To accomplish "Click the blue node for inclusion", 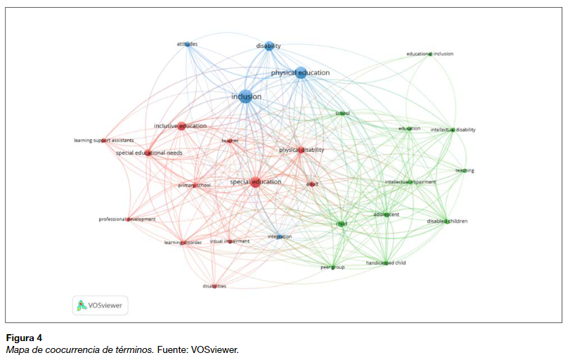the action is pyautogui.click(x=245, y=97).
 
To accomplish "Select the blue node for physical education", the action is pyautogui.click(x=301, y=72).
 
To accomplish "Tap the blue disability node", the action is pyautogui.click(x=269, y=46).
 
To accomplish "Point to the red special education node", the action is pyautogui.click(x=255, y=183).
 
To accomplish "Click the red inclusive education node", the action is pyautogui.click(x=181, y=127).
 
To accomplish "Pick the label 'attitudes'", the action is pyautogui.click(x=187, y=44).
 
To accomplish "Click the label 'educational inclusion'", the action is pyautogui.click(x=430, y=53).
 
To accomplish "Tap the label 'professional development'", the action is pyautogui.click(x=127, y=219).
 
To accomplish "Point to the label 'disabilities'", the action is pyautogui.click(x=214, y=286).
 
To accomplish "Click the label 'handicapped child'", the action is pyautogui.click(x=386, y=262).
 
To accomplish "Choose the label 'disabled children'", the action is pyautogui.click(x=447, y=221).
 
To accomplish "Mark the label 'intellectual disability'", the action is pyautogui.click(x=453, y=129).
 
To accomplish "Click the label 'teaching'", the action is pyautogui.click(x=465, y=170).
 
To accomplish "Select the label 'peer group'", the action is pyautogui.click(x=333, y=267).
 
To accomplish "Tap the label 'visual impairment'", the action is pyautogui.click(x=230, y=241).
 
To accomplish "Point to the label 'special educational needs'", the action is pyautogui.click(x=149, y=153).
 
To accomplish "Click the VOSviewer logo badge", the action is pyautogui.click(x=100, y=305).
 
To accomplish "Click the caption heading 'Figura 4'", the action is pyautogui.click(x=24, y=338).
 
